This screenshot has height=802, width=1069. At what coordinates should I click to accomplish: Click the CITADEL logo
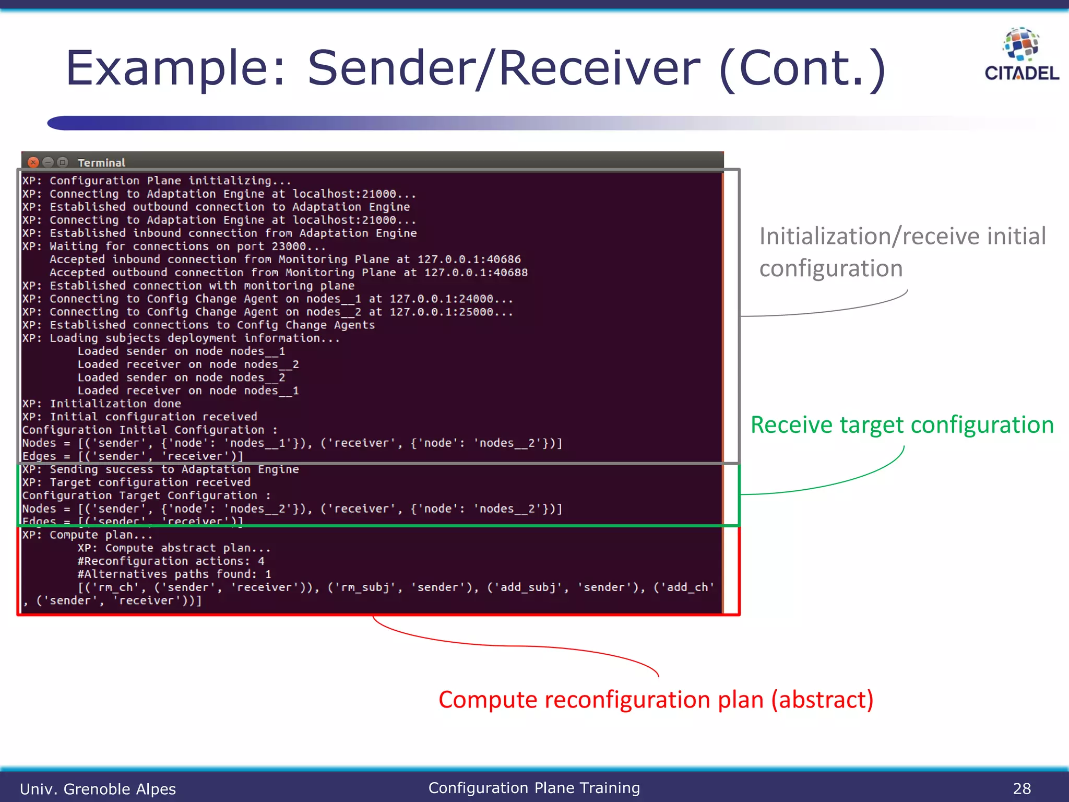pyautogui.click(x=1021, y=55)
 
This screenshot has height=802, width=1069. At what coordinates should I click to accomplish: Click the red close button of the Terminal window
pyautogui.click(x=33, y=162)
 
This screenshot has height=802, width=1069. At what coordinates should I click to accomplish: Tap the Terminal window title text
pyautogui.click(x=101, y=163)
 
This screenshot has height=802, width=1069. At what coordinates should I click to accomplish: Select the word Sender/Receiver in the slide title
pyautogui.click(x=504, y=68)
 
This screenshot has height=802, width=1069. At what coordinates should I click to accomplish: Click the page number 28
pyautogui.click(x=1022, y=788)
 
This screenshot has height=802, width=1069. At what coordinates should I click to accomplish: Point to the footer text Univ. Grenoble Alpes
pyautogui.click(x=98, y=788)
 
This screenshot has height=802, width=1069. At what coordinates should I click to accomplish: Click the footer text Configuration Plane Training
pyautogui.click(x=534, y=788)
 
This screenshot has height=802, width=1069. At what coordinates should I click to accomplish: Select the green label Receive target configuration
pyautogui.click(x=902, y=425)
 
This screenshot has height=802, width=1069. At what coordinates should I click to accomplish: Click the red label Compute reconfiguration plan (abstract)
pyautogui.click(x=656, y=700)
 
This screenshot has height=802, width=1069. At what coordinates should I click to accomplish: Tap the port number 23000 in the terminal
pyautogui.click(x=289, y=246)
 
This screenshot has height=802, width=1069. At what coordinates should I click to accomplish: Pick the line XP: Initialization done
pyautogui.click(x=102, y=404)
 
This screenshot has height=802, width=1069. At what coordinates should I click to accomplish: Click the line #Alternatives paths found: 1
pyautogui.click(x=174, y=574)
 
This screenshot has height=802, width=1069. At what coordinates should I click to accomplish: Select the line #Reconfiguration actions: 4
pyautogui.click(x=171, y=561)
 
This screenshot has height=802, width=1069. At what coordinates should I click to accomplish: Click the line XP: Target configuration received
pyautogui.click(x=136, y=482)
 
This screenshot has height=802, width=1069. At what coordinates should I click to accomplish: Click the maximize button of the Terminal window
pyautogui.click(x=63, y=162)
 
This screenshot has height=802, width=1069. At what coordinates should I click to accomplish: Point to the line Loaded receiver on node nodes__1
pyautogui.click(x=188, y=391)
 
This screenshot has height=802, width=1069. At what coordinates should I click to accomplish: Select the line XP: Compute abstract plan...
pyautogui.click(x=174, y=548)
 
